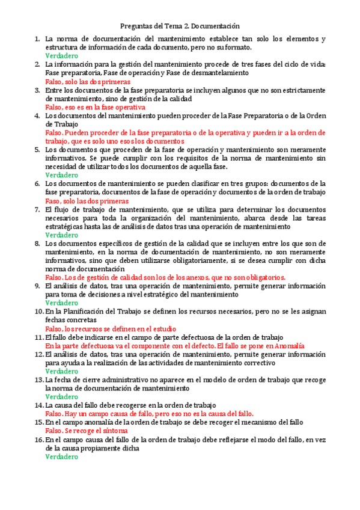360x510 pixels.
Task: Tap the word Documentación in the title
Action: tap(216, 26)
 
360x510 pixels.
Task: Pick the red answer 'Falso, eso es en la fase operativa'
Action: tap(95, 107)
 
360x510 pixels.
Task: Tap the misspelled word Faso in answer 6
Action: tap(53, 201)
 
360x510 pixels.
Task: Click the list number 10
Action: tap(38, 312)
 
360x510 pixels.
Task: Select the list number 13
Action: tap(38, 380)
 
